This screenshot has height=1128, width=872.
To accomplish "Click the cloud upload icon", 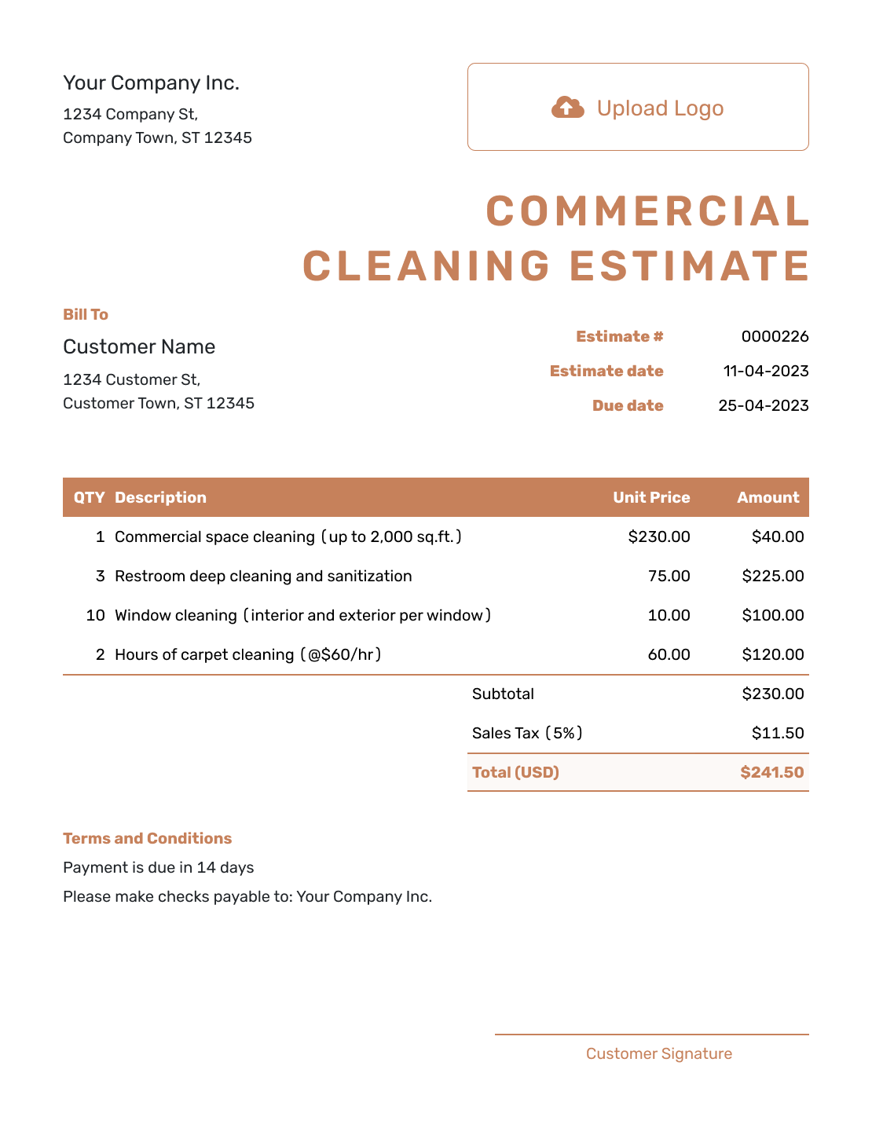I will pyautogui.click(x=567, y=108).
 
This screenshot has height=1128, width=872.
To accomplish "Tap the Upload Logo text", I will pyautogui.click(x=660, y=108).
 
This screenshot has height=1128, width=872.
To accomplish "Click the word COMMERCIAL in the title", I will pyautogui.click(x=648, y=211).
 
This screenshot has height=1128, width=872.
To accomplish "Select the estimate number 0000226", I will pyautogui.click(x=775, y=337).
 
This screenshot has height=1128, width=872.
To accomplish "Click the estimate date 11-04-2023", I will pyautogui.click(x=765, y=372).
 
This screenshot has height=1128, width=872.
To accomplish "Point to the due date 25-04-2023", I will pyautogui.click(x=763, y=406).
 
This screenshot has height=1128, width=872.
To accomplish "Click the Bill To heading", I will pyautogui.click(x=86, y=315).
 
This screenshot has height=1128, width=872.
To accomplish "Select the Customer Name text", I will pyautogui.click(x=139, y=347).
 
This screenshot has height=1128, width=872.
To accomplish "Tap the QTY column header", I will pyautogui.click(x=89, y=498).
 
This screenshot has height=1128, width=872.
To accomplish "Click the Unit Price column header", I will pyautogui.click(x=651, y=498).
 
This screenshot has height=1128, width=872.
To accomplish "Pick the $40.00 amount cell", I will pyautogui.click(x=777, y=537).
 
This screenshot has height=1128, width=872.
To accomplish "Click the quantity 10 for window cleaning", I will pyautogui.click(x=95, y=616).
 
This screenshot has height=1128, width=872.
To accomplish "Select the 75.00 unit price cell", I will pyautogui.click(x=669, y=577).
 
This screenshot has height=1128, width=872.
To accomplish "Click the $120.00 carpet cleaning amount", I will pyautogui.click(x=772, y=655).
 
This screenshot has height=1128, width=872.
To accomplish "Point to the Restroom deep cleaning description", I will pyautogui.click(x=263, y=577).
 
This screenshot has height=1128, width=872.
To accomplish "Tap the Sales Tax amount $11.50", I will pyautogui.click(x=777, y=734).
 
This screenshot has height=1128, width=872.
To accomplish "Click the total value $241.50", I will pyautogui.click(x=771, y=773).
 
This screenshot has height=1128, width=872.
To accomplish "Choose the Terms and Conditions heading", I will pyautogui.click(x=147, y=839).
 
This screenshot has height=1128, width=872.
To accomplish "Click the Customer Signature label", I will pyautogui.click(x=658, y=1054).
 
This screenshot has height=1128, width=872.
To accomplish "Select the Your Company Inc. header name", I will pyautogui.click(x=151, y=83).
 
